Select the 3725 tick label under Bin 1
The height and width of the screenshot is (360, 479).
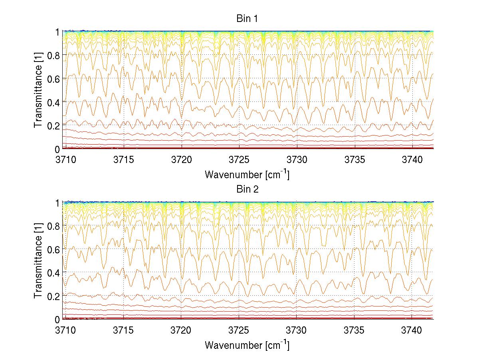click(x=239, y=159)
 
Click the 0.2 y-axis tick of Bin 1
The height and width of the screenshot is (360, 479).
click(x=54, y=126)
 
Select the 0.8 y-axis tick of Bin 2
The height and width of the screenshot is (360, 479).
click(x=54, y=227)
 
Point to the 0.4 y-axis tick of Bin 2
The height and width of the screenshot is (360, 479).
click(x=54, y=273)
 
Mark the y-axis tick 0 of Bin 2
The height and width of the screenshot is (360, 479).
click(x=57, y=320)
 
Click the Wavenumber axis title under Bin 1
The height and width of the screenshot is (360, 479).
click(x=247, y=174)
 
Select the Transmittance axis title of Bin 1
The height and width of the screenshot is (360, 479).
click(x=38, y=90)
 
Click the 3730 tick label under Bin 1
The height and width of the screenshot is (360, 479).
click(x=297, y=159)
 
